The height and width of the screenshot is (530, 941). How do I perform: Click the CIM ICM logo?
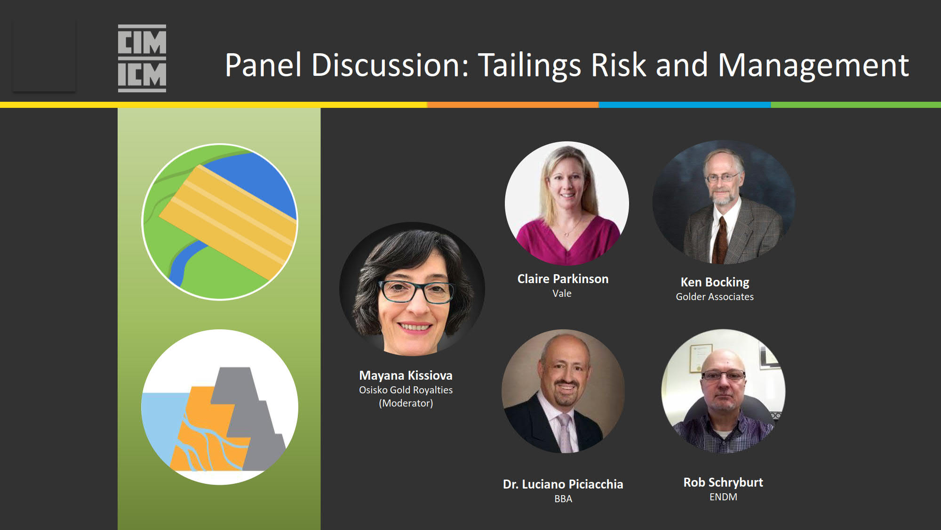(142, 58)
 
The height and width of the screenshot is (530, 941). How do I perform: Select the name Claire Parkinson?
(563, 279)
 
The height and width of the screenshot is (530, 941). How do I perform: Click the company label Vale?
(562, 293)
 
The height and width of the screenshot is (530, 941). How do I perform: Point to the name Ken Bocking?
(715, 282)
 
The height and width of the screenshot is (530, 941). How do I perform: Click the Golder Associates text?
(715, 296)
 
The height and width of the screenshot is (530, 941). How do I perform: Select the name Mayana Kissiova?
(406, 375)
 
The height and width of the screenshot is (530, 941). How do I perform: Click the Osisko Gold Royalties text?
(406, 390)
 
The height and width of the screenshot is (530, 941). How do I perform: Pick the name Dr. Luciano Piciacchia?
(563, 484)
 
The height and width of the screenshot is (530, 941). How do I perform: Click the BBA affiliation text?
(563, 499)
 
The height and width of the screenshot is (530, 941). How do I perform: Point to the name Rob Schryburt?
(723, 482)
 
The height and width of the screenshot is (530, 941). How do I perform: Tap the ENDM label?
(723, 497)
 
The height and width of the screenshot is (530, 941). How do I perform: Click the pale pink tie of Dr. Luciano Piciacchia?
(565, 433)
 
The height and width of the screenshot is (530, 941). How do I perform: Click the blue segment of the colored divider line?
(685, 105)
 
